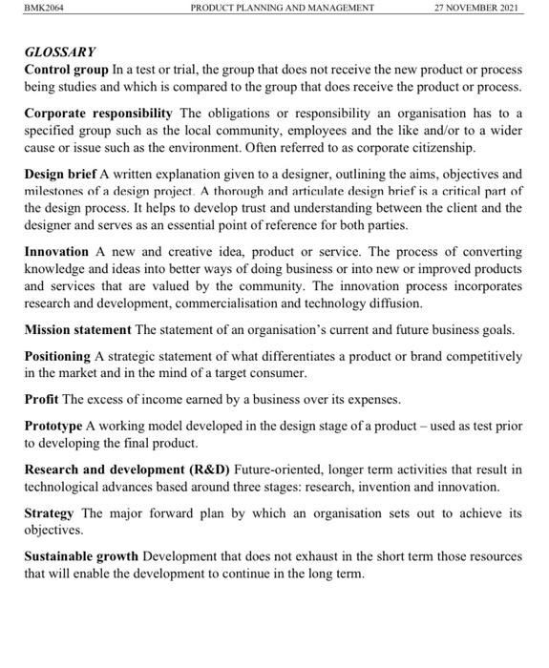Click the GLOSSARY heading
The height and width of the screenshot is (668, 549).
(59, 52)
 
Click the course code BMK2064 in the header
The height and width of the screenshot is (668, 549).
(43, 8)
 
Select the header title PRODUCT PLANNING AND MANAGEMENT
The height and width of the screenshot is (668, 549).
(283, 8)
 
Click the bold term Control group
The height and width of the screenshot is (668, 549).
(66, 70)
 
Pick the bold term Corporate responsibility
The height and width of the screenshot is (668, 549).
(98, 114)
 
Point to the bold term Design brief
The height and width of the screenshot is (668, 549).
(60, 175)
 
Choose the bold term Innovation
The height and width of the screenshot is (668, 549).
(56, 252)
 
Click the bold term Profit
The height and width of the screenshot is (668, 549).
(41, 399)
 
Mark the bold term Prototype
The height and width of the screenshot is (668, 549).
(53, 426)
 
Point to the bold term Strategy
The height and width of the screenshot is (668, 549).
(50, 512)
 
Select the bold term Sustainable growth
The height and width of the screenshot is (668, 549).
(81, 555)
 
